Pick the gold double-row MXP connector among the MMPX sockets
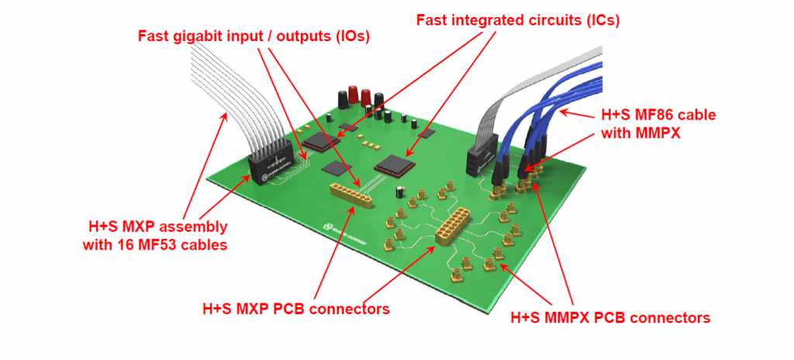453,225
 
